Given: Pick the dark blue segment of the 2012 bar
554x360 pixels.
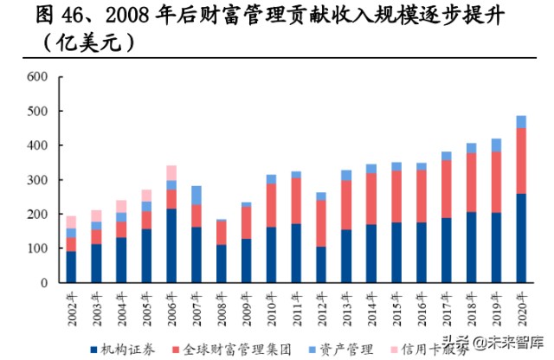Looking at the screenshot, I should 322,264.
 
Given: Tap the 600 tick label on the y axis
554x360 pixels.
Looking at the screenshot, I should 36,77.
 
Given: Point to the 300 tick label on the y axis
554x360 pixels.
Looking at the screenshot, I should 36,180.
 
